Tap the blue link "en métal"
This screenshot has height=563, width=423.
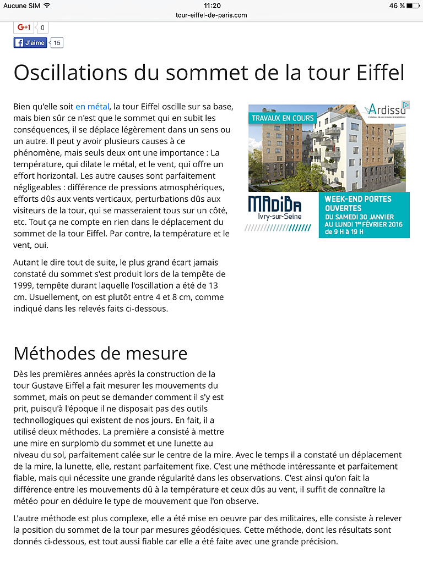(92, 107)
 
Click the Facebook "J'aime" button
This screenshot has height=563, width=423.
(30, 42)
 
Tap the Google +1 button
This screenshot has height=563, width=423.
(24, 27)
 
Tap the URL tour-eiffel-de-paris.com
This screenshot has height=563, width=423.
(211, 15)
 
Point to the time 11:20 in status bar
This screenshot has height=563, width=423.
(212, 5)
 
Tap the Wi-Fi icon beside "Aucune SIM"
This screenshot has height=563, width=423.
(47, 5)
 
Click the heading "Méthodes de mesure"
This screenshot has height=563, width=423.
(100, 352)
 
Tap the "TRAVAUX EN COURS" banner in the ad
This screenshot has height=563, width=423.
(283, 118)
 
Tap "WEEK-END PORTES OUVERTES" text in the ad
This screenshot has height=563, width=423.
(358, 203)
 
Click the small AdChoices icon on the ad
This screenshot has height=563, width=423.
(406, 104)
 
